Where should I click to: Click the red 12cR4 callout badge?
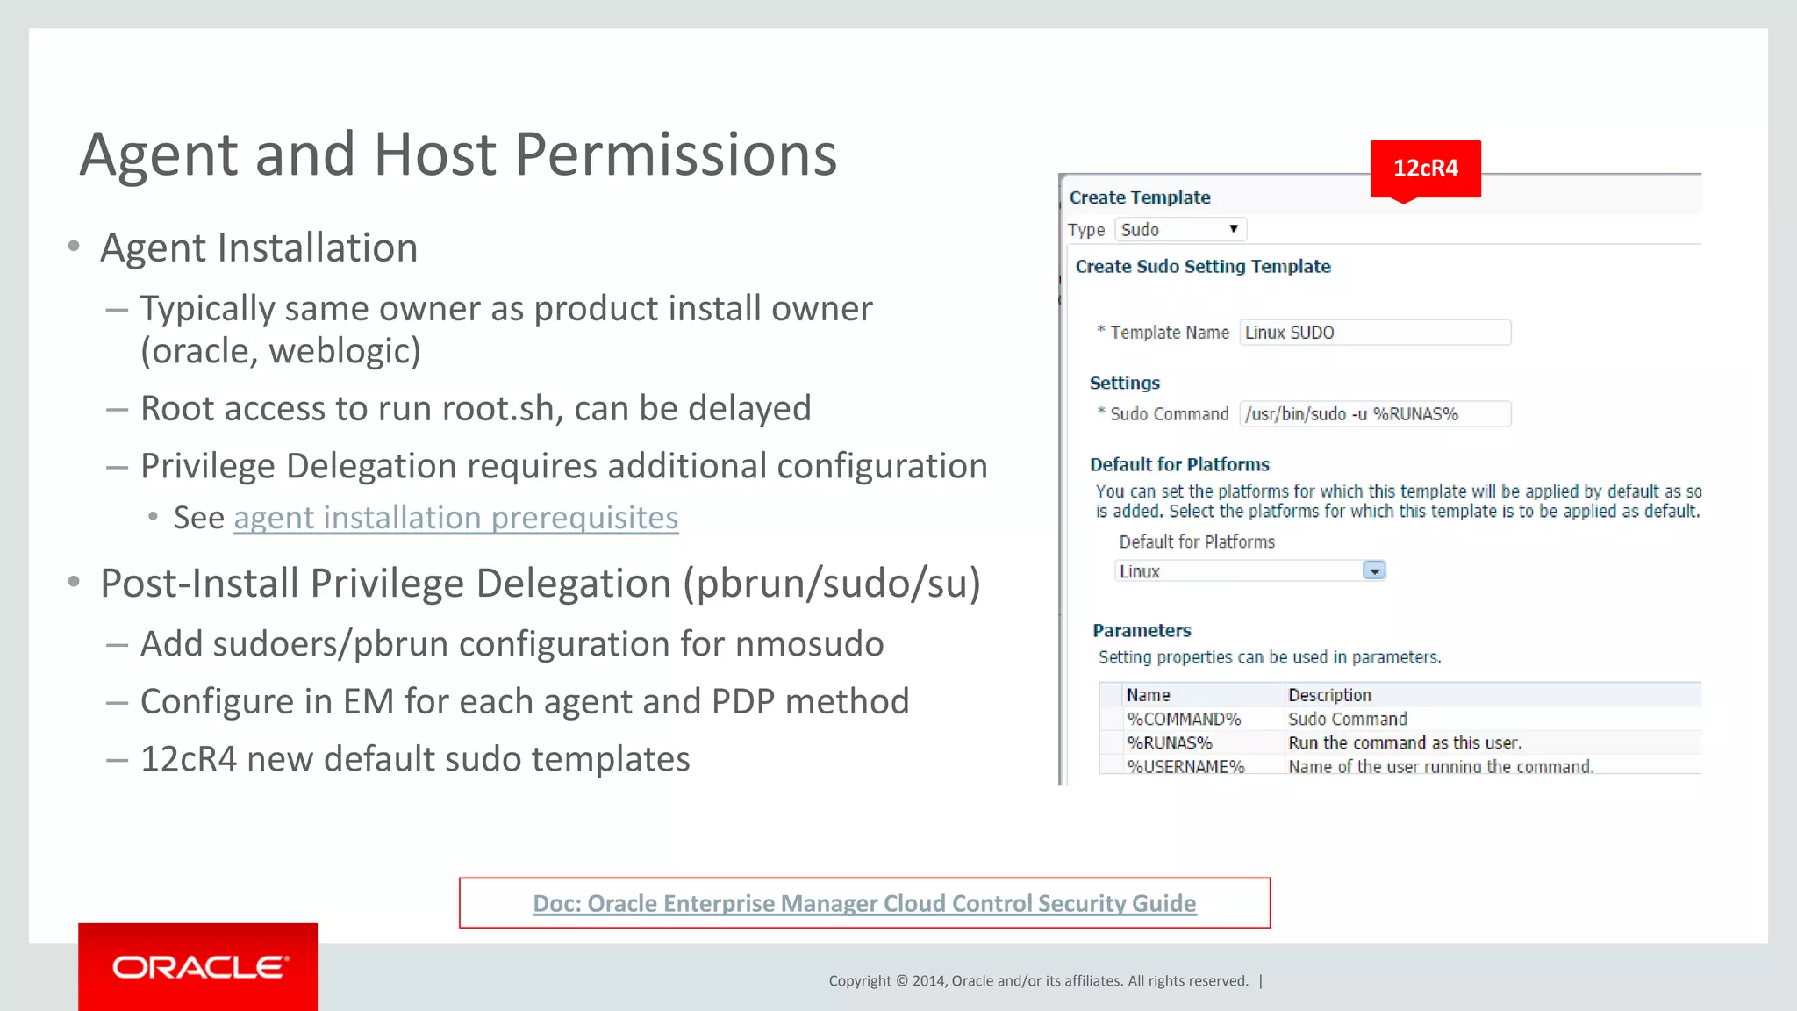tap(1425, 168)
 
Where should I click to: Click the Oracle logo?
tap(198, 967)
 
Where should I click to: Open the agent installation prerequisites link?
tap(455, 518)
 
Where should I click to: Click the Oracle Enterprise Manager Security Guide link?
tap(864, 903)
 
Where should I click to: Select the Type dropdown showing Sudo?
tap(1180, 230)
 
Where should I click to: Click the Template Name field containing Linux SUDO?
tap(1374, 333)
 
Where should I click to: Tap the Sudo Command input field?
tap(1374, 414)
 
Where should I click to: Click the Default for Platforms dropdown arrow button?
tap(1374, 571)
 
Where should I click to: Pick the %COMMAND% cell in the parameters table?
tap(1184, 720)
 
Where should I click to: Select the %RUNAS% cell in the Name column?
tap(1170, 743)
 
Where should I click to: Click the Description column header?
tap(1329, 695)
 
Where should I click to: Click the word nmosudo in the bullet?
tap(809, 644)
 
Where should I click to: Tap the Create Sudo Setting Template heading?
tap(1203, 267)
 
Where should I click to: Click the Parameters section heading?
tap(1142, 631)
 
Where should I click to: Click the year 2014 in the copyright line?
tap(927, 981)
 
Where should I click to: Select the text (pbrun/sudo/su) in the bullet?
tap(832, 584)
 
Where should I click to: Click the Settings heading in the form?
tap(1124, 384)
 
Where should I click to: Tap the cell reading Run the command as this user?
tap(1405, 743)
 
